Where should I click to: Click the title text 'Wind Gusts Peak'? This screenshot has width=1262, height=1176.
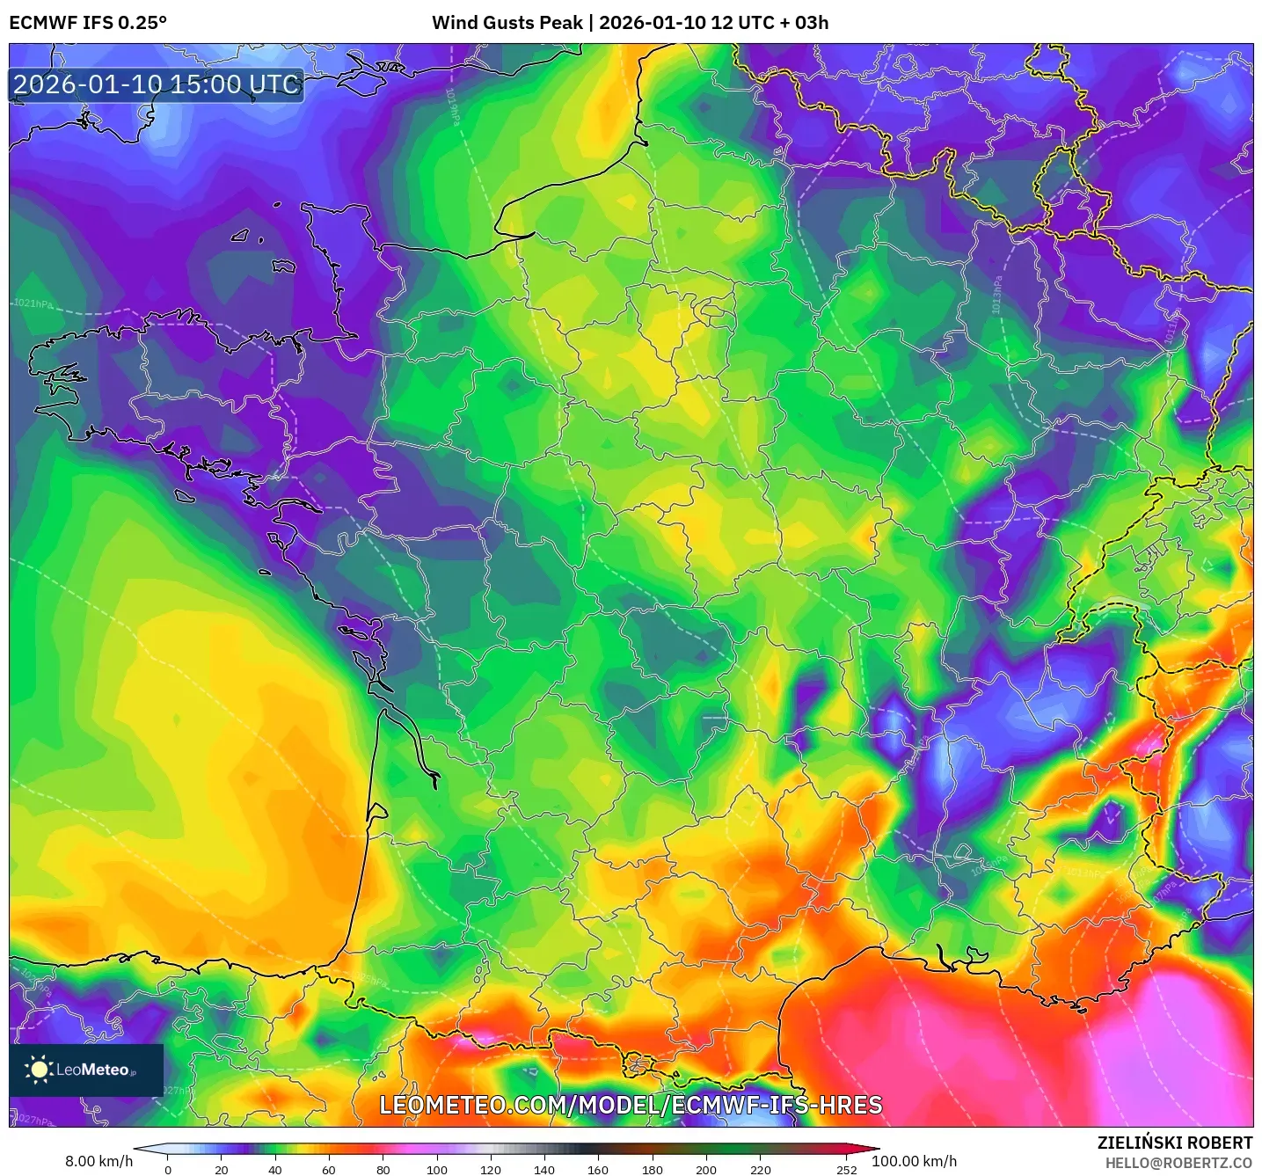coord(507,23)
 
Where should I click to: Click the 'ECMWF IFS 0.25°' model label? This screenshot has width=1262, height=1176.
coord(88,23)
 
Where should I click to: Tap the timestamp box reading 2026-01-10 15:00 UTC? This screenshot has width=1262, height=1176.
coord(157,85)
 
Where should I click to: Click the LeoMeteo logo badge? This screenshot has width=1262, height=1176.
coord(86,1070)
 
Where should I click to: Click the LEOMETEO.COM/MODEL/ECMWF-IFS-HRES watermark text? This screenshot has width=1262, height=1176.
coord(631,1106)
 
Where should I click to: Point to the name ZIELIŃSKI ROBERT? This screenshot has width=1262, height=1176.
coord(1174,1143)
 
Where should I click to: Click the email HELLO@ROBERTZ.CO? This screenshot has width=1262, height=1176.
coord(1178,1163)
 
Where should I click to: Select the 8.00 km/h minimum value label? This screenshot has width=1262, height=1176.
coord(98,1161)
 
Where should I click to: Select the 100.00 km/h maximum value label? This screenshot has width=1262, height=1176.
coord(914,1161)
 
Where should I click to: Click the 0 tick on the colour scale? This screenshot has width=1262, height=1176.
coord(168,1170)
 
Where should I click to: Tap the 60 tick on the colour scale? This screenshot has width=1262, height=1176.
coord(329,1170)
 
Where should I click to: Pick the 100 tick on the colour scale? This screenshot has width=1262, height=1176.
coord(437,1170)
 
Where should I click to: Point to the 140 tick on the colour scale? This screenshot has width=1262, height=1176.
coord(544,1170)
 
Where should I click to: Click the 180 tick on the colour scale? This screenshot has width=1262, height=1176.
coord(653,1170)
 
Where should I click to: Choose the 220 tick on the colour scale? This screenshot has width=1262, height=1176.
coord(760,1170)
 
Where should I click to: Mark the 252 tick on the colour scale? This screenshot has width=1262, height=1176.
coord(846,1170)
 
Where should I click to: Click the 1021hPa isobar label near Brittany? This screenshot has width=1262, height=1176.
coord(33,303)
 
